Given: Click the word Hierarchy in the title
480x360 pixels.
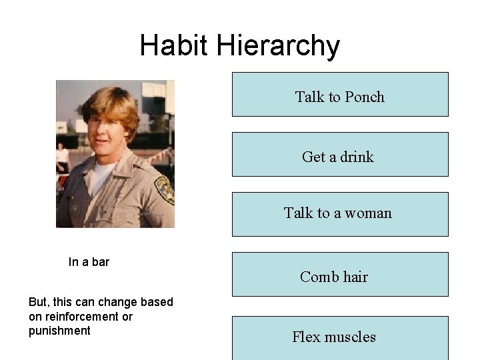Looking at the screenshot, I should point(278,47).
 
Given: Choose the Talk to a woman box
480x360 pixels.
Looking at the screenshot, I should point(340,214).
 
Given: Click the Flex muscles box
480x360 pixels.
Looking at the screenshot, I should point(340,337).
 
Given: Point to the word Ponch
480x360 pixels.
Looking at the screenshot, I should point(365,97).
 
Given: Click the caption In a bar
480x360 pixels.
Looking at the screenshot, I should point(89,262).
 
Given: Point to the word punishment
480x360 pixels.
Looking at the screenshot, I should point(59,331).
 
